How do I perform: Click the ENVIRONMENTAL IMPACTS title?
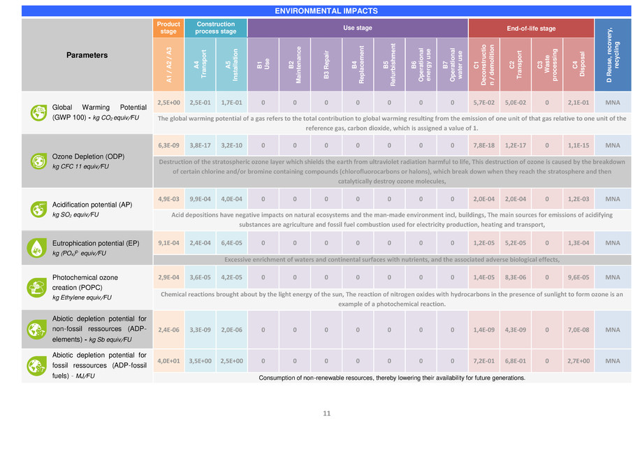pos(326,11)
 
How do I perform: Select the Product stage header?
pos(168,28)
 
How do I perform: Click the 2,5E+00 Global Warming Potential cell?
pos(168,102)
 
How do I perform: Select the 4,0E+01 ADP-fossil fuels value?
pos(168,361)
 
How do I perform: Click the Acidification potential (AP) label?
pos(92,205)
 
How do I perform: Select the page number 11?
pos(326,413)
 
